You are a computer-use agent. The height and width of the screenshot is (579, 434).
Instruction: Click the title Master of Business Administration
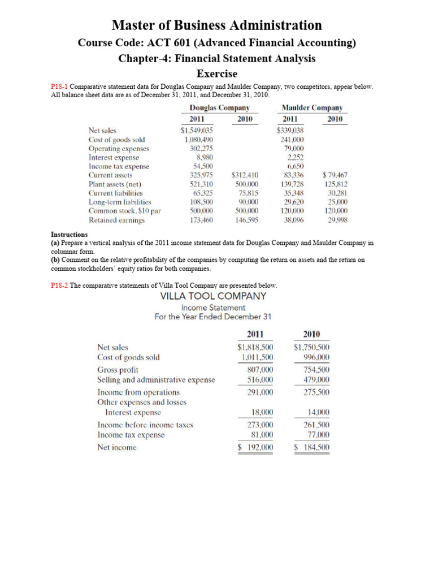[x=216, y=25]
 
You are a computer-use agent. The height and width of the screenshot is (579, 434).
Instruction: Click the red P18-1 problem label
[x=59, y=87]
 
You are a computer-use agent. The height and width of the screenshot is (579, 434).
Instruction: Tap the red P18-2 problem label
[x=59, y=286]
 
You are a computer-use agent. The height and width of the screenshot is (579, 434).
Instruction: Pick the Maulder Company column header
[x=312, y=107]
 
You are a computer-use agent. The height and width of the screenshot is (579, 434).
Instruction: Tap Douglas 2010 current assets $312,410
[x=245, y=175]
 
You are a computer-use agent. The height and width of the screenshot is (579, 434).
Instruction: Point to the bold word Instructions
[x=69, y=234]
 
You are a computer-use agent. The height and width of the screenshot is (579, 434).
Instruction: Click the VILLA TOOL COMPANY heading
[x=213, y=296]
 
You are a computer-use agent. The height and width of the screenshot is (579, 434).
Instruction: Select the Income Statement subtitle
[x=213, y=308]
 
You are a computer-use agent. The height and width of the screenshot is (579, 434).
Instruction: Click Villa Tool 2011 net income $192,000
[x=255, y=447]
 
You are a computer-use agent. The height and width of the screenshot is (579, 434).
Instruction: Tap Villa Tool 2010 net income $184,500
[x=312, y=447]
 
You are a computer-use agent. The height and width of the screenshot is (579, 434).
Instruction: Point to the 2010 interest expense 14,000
[x=316, y=413]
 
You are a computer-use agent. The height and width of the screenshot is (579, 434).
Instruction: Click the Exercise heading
[x=216, y=74]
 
